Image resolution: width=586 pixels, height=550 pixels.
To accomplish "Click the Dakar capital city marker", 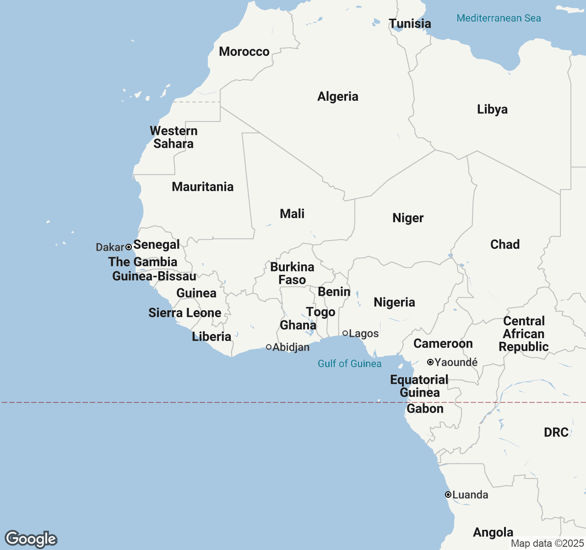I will point(129,247).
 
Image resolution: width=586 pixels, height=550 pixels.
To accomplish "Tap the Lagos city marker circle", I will point(345,333).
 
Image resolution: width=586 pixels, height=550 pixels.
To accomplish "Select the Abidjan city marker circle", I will point(269,347).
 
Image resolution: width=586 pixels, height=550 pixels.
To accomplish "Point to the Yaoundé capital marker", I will point(430,362).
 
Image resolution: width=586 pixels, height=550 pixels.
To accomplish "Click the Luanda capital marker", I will point(448,495).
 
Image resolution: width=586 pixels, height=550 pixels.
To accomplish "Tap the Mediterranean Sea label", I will point(499,18).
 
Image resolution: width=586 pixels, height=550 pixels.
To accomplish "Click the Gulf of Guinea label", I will point(349,363).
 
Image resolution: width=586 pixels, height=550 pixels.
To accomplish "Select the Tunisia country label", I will point(410,23).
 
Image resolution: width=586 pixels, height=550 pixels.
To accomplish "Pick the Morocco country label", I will point(244,51).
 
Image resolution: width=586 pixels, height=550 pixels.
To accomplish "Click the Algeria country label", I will point(338,96).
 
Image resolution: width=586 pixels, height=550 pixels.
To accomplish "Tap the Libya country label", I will point(492,109).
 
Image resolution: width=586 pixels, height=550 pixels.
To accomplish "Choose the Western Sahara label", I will point(174,137).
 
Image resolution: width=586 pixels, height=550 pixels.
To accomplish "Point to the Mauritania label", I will point(202,187).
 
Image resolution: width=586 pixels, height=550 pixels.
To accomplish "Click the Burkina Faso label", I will point(292,273).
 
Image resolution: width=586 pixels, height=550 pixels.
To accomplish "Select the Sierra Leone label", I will point(184,313).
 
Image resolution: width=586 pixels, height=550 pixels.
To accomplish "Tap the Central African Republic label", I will point(524,334).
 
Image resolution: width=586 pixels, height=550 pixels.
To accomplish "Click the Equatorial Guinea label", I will point(419,386).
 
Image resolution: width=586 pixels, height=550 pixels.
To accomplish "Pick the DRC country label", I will point(556,432).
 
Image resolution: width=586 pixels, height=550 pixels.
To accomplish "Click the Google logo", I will point(31,539).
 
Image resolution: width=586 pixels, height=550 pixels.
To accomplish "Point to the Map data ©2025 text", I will point(547,544).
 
